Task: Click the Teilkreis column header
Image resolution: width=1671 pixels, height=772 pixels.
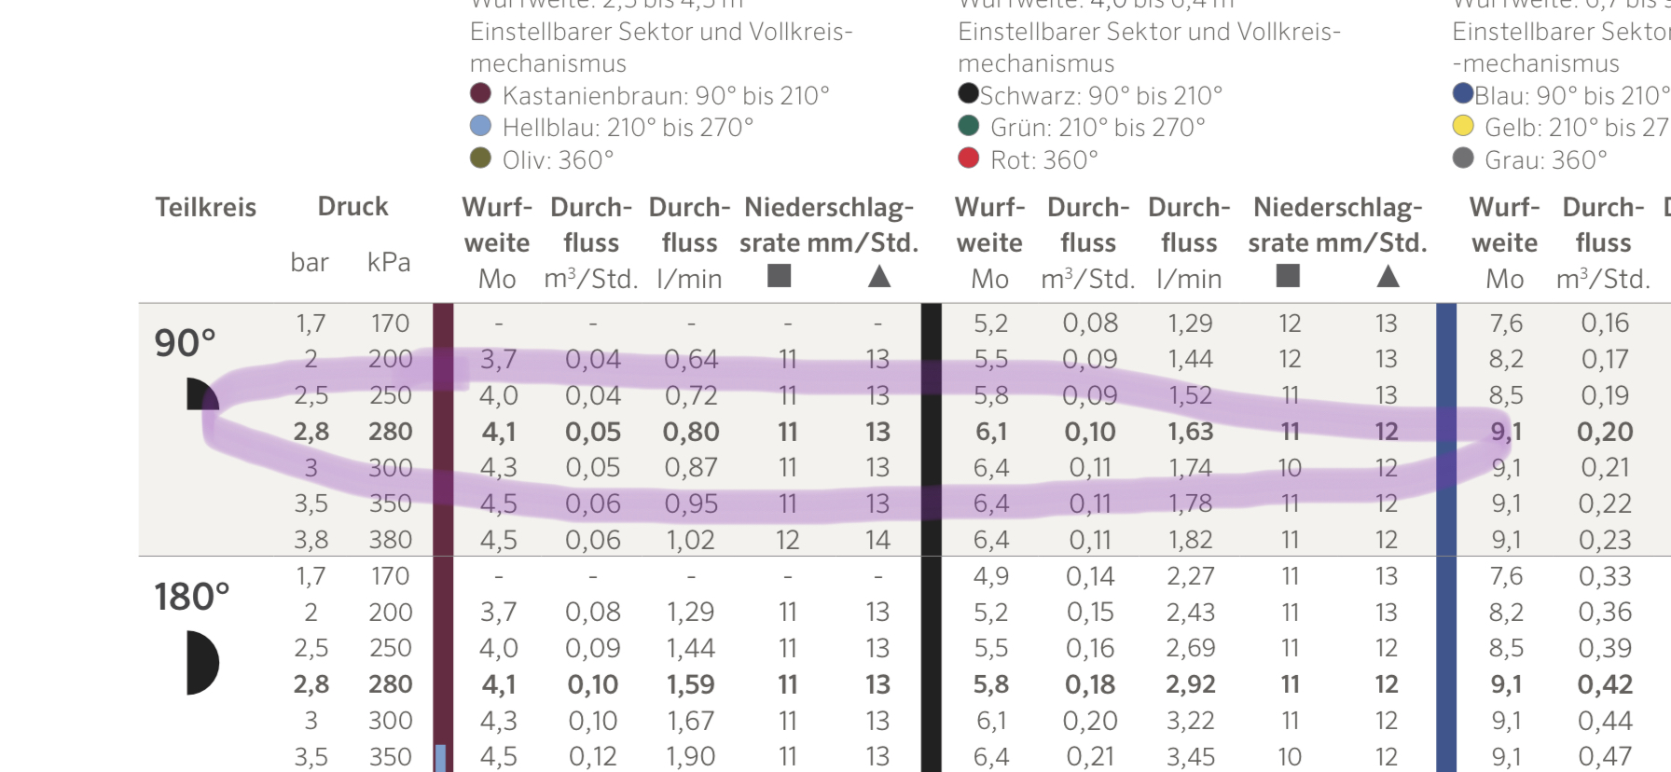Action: (x=205, y=207)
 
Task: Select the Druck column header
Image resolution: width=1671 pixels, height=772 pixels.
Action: (x=352, y=206)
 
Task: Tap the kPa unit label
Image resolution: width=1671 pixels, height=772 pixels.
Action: (x=389, y=262)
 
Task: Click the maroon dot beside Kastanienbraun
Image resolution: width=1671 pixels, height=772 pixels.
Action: (x=480, y=93)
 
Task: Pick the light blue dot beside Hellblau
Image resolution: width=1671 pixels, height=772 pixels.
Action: (x=480, y=126)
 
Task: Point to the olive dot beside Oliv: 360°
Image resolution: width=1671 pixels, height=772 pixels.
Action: (x=480, y=159)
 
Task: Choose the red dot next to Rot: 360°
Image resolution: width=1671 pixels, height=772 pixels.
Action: (x=969, y=159)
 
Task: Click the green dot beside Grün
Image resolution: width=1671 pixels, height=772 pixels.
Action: (x=969, y=126)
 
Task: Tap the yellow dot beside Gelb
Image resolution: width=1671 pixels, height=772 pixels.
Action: (x=1463, y=126)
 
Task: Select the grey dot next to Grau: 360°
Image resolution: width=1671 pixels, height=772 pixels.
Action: (x=1463, y=159)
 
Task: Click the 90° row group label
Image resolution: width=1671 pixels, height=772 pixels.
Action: (x=185, y=343)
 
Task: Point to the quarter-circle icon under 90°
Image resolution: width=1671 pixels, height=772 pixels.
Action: (x=200, y=395)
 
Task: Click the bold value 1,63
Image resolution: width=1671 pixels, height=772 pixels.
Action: (x=1191, y=432)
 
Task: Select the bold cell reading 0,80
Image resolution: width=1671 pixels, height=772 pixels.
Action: (x=691, y=432)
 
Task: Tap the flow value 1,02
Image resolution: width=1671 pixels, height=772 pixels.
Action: (x=691, y=540)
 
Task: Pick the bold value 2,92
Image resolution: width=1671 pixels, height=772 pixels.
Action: (x=1191, y=684)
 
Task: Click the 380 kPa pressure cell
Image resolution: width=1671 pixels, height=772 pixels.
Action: (x=390, y=540)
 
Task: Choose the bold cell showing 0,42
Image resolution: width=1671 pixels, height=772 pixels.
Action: (x=1605, y=684)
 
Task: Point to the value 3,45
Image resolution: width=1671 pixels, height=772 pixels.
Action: (x=1191, y=756)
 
